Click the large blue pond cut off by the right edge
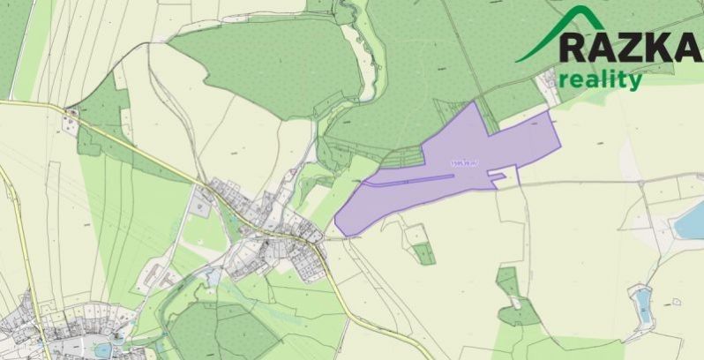tap(691, 221)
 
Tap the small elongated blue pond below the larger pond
tap(642, 304)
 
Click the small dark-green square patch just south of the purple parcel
tap(425, 254)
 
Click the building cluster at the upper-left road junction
tap(71, 113)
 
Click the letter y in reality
tap(635, 82)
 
